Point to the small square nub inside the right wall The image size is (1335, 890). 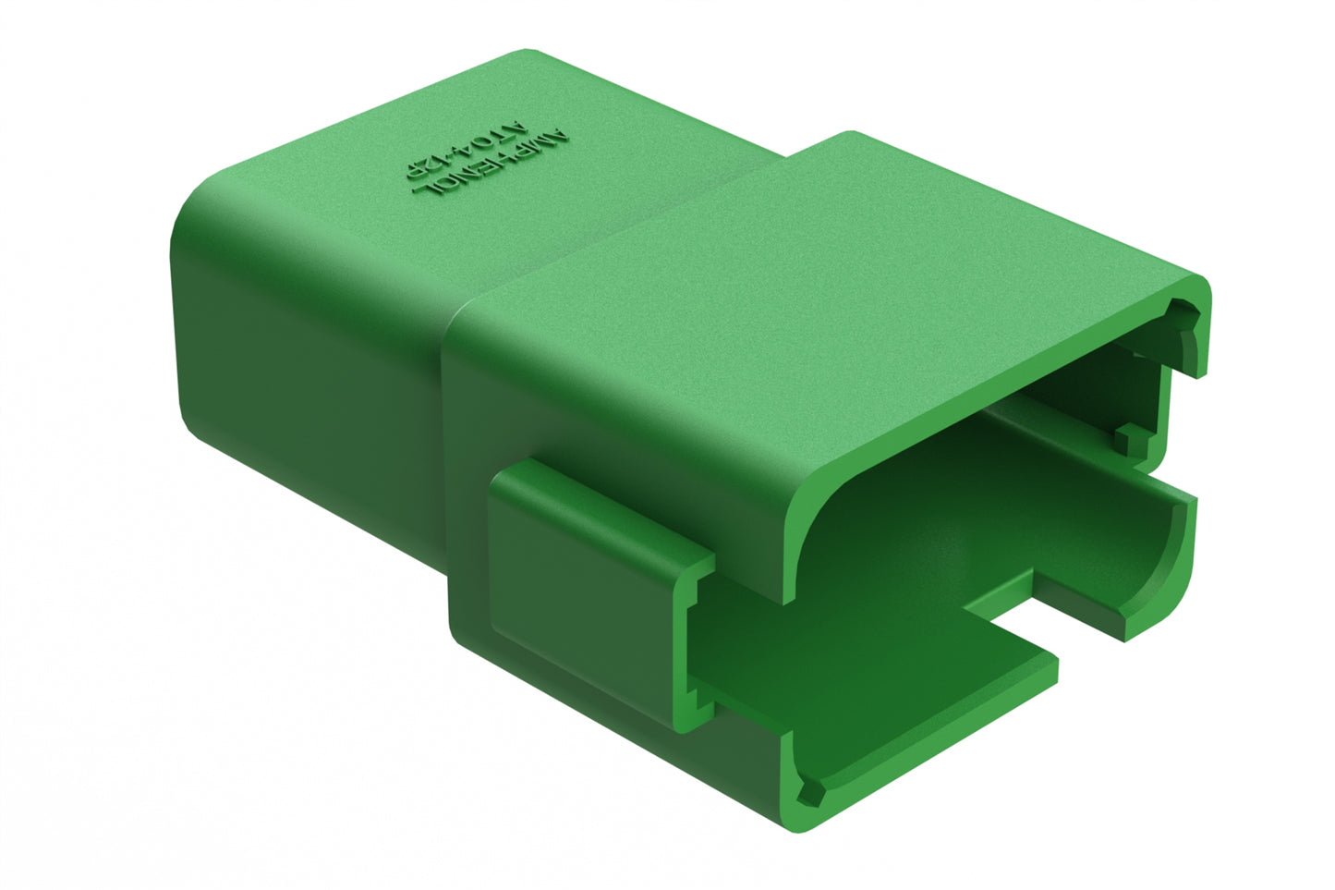click(x=1129, y=438)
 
